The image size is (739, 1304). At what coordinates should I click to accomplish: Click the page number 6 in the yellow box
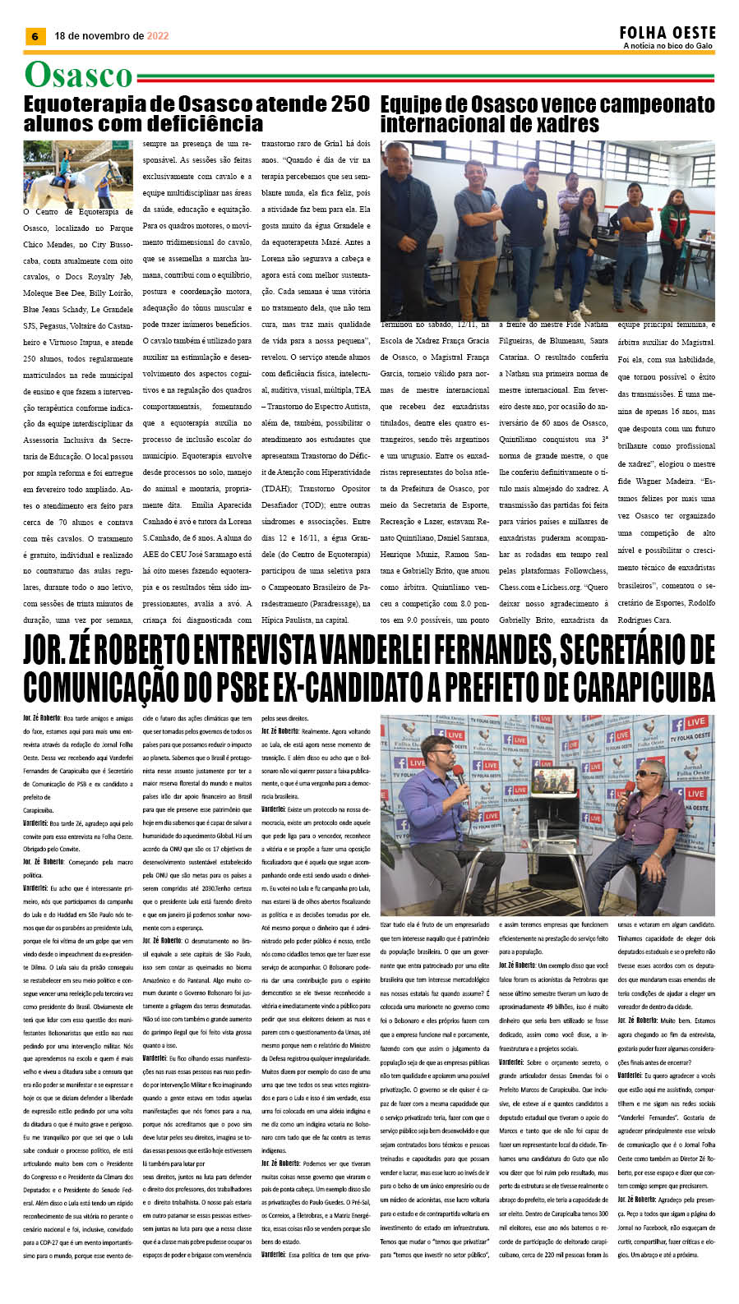35,36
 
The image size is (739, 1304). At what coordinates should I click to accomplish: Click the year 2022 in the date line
158,36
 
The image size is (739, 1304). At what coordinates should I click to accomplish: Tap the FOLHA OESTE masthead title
667,33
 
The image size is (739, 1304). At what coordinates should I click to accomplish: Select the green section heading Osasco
78,75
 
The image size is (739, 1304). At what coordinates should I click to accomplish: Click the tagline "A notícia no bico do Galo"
667,47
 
